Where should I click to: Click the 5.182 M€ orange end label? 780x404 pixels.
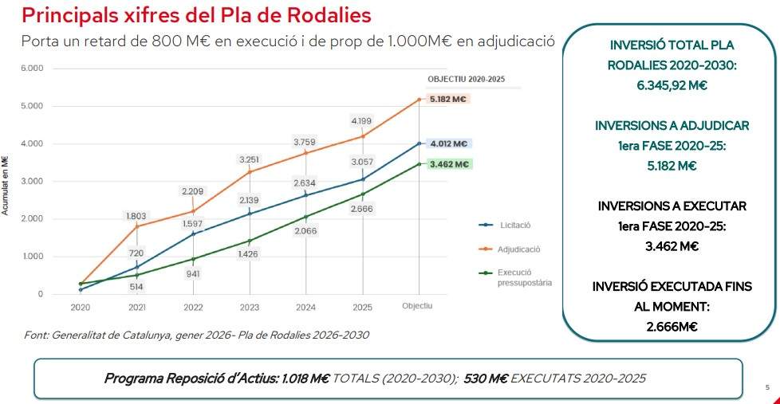[448, 100]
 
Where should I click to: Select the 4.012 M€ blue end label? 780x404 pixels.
[448, 144]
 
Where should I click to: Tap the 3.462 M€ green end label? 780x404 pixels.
[448, 164]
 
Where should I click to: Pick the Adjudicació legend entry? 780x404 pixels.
[518, 249]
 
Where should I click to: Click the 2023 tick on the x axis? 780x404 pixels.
[250, 307]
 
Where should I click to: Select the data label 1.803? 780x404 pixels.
[136, 216]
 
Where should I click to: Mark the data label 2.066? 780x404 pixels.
[306, 230]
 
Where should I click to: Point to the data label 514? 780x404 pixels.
[136, 287]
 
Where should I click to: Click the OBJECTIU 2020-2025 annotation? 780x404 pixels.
[466, 80]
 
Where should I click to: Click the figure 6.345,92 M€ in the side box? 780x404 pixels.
[671, 85]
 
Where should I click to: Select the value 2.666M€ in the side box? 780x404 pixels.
[671, 326]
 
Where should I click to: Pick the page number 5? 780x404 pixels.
[766, 388]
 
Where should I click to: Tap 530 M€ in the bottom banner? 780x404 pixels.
[486, 377]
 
